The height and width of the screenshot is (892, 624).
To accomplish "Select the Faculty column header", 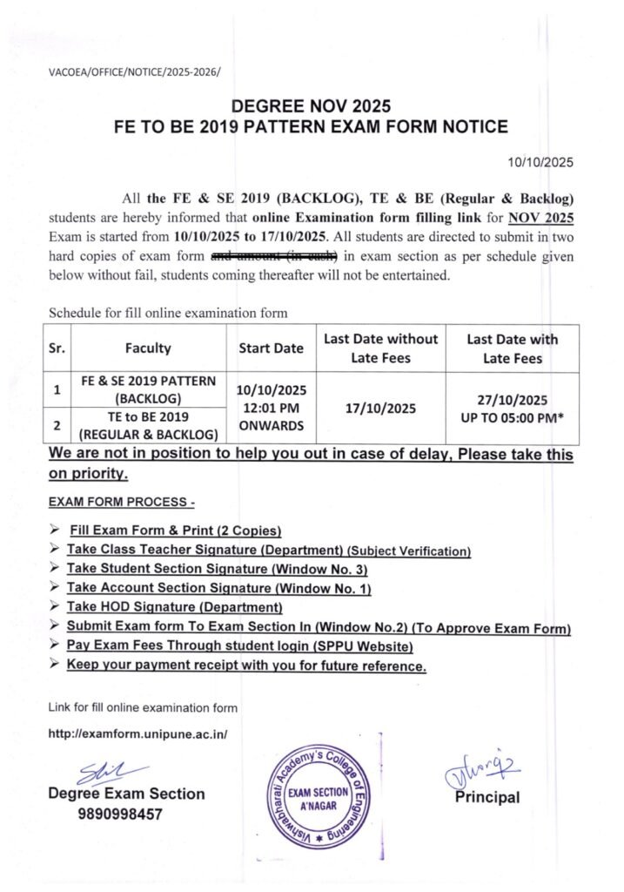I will point(147,348).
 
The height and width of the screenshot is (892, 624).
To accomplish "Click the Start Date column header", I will point(271,348).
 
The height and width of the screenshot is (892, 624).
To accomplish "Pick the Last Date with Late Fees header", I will point(512,348).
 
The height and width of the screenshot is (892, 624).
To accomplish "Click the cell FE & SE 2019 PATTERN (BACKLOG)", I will point(147,389).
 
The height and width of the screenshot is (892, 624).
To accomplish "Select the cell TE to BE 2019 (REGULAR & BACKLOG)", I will point(147,425).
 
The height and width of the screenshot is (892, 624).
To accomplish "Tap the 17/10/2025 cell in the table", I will point(381,408).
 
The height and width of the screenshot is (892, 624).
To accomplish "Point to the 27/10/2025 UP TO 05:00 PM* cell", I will point(512,408).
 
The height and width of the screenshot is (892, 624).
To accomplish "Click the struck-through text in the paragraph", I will point(274,256).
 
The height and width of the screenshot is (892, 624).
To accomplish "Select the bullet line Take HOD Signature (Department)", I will point(175,606).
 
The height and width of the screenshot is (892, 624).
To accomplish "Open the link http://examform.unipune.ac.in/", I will point(138,734).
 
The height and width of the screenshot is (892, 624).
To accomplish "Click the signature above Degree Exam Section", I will point(100,771).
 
